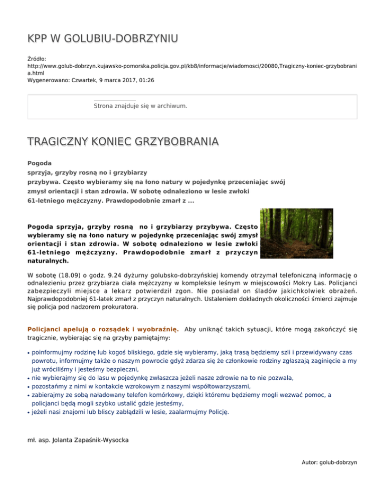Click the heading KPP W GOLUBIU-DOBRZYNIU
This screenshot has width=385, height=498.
coord(103,38)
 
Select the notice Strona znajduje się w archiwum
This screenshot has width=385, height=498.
coord(140,106)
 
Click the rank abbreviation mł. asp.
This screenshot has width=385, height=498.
coord(38,440)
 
